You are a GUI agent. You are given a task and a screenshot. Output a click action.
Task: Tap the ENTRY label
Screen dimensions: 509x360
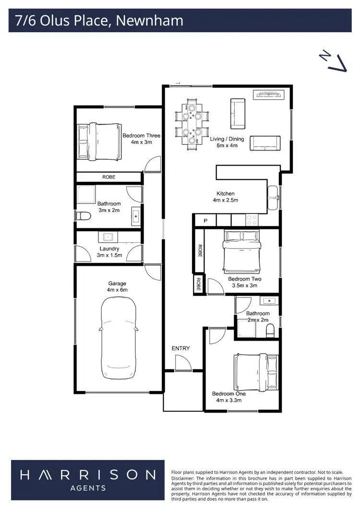coord(180,348)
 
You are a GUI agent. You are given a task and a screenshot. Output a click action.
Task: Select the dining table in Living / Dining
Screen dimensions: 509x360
coord(192,124)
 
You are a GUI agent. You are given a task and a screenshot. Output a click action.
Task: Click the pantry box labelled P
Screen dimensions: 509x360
coord(205,221)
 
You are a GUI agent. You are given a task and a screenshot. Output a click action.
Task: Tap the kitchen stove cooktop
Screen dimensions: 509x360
coord(252,220)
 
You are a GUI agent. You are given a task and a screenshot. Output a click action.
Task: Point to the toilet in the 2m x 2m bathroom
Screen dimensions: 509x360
coord(270,330)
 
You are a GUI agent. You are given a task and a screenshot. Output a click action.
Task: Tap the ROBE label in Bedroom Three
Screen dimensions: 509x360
coord(109,178)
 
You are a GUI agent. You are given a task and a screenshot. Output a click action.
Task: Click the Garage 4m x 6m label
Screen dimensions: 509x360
coord(118,286)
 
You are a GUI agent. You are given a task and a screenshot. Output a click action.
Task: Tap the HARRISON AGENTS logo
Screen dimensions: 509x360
coord(87,480)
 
